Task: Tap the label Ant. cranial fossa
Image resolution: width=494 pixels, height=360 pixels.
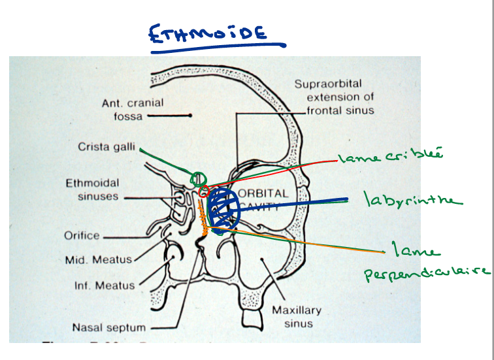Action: click(133, 109)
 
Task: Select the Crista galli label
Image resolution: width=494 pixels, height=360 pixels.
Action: click(105, 148)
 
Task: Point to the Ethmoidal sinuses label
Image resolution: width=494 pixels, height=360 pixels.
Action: click(91, 189)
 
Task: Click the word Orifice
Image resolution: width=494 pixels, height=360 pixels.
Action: click(82, 236)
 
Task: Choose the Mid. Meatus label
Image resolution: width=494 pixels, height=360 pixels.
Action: click(98, 259)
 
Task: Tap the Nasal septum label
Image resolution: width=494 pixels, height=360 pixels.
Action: click(109, 327)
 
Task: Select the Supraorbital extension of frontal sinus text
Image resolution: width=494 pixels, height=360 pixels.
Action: click(333, 97)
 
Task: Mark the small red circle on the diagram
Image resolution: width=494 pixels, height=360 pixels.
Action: click(205, 191)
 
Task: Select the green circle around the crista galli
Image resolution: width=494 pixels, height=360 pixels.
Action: click(197, 178)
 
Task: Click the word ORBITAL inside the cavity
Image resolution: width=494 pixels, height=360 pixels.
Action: click(263, 194)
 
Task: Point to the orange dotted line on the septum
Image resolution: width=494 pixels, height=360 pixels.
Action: click(204, 222)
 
